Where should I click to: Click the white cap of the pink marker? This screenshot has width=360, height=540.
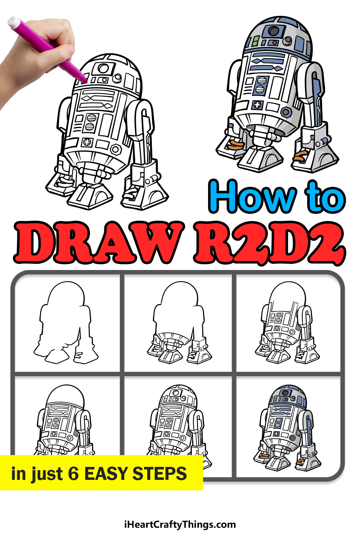tap(14, 22)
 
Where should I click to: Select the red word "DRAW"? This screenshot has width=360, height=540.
tap(99, 242)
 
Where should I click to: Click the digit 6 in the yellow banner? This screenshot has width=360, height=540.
tap(73, 473)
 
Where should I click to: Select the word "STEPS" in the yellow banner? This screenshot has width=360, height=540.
tap(159, 473)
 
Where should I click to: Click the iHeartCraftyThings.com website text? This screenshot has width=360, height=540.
tap(180, 525)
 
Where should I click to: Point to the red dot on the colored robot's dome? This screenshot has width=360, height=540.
tap(274, 42)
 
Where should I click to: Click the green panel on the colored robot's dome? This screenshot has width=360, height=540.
tap(256, 41)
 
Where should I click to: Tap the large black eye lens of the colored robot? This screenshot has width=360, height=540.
tap(274, 31)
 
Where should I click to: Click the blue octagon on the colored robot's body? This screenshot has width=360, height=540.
tap(286, 112)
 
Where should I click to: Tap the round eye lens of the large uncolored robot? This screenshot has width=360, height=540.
tap(103, 68)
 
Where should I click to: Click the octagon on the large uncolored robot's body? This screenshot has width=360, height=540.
tap(116, 149)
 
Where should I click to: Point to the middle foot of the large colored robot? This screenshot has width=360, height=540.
tap(260, 159)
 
